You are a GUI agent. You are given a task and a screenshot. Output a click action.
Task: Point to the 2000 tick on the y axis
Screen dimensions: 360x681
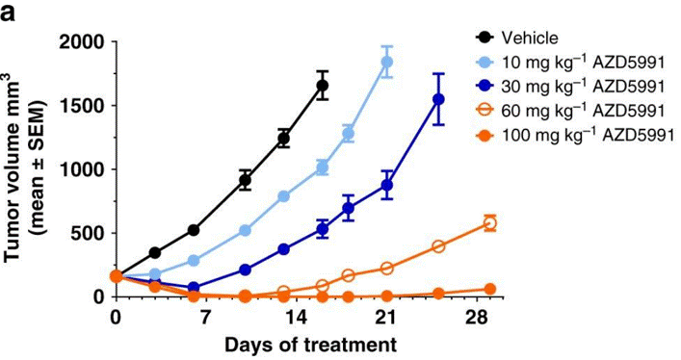point(82,41)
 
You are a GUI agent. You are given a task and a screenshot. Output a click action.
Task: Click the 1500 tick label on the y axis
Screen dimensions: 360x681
point(82,105)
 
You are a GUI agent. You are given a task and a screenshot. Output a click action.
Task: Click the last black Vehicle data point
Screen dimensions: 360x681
point(323,86)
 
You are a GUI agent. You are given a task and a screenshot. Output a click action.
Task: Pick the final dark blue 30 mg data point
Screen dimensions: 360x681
point(438,99)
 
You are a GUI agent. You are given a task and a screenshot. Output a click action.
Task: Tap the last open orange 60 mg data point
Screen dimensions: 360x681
point(490,223)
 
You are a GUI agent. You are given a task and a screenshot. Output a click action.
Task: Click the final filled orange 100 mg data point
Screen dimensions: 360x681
point(490,289)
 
